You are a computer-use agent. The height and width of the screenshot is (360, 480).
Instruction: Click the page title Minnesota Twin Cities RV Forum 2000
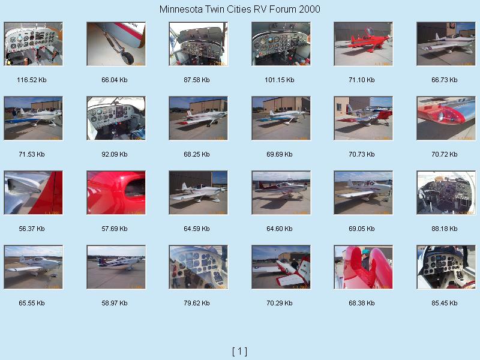tap(239, 9)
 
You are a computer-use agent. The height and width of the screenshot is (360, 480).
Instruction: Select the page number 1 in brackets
tap(239, 351)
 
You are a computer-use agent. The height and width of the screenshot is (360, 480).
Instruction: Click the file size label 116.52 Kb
tap(32, 80)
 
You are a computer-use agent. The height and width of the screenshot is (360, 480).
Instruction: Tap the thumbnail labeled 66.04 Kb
tap(116, 44)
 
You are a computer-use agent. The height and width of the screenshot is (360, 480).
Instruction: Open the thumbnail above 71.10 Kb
tap(364, 44)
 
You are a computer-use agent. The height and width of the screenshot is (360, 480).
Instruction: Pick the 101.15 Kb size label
tap(279, 80)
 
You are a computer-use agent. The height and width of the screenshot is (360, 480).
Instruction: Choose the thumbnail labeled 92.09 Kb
tap(116, 118)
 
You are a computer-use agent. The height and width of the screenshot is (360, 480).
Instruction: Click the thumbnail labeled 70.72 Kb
tap(446, 118)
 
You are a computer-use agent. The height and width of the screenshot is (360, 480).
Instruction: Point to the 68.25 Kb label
tap(197, 154)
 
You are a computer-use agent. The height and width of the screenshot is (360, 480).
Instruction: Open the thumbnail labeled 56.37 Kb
tap(34, 193)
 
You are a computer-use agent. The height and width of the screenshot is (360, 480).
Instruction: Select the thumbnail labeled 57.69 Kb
tap(116, 193)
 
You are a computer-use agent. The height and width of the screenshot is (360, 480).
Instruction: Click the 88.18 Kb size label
tap(444, 229)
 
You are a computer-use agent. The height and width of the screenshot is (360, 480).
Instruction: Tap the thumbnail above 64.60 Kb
tap(281, 193)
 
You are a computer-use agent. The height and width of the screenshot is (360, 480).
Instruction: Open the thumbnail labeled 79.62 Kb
tap(199, 267)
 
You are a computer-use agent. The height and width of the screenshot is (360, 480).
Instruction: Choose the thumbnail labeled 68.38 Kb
tap(364, 267)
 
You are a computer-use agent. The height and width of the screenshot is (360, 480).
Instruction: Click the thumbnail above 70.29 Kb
tap(281, 267)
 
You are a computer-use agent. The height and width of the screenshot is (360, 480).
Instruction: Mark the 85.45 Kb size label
tap(444, 303)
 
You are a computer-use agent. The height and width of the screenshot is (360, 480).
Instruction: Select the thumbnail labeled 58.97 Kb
tap(116, 267)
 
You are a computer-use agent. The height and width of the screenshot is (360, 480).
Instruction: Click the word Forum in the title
tap(283, 9)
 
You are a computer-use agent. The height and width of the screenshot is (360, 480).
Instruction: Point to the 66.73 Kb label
tap(444, 80)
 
